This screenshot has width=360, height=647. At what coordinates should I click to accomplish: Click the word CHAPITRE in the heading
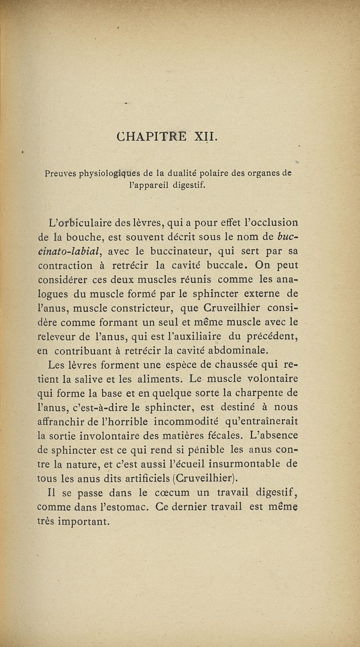tap(153, 136)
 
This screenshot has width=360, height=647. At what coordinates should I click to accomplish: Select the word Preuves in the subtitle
tap(62, 173)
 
